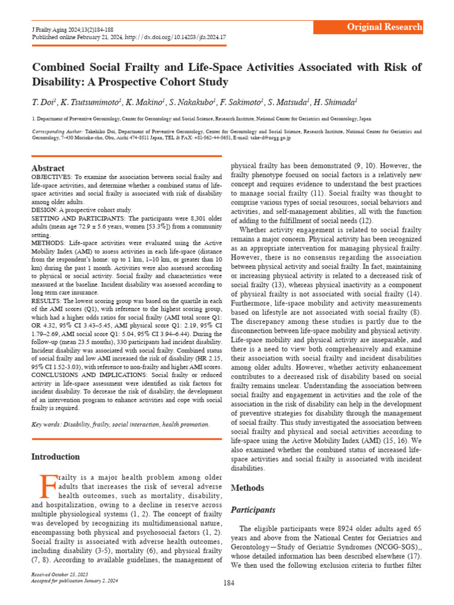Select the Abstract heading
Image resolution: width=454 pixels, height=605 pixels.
48,168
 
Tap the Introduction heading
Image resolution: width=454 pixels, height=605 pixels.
55,457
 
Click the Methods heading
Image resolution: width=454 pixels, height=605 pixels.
247,487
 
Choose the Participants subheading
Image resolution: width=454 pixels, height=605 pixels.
252,509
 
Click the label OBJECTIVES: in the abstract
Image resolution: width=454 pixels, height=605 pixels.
51,177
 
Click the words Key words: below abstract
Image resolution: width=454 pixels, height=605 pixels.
47,424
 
